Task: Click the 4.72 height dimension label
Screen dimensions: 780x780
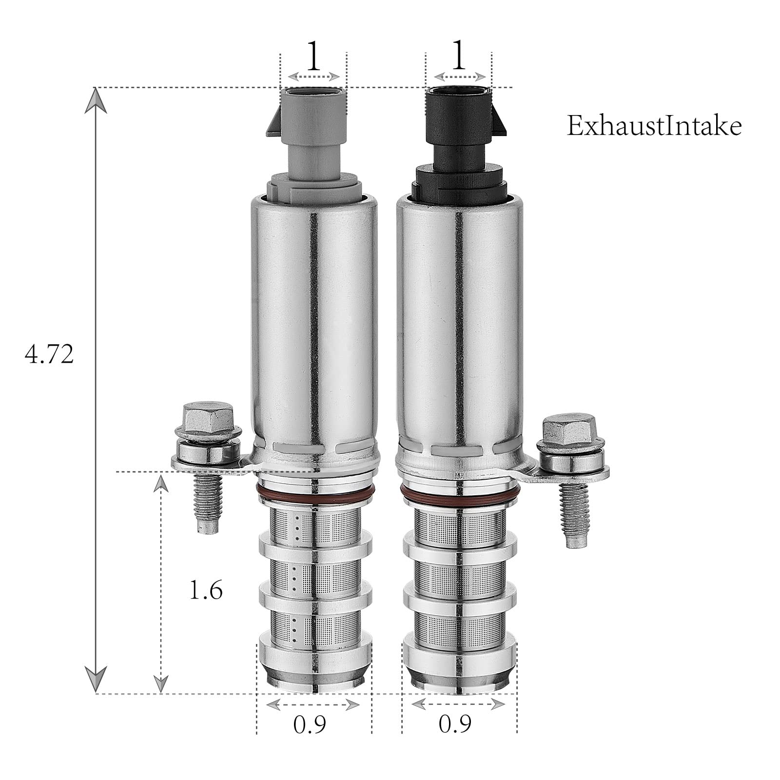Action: (x=49, y=354)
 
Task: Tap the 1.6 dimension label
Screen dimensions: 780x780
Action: (x=206, y=591)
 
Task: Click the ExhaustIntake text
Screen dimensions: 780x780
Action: (x=654, y=126)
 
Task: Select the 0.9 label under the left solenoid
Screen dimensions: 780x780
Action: (x=310, y=725)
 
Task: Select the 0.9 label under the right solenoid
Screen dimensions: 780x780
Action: (x=455, y=725)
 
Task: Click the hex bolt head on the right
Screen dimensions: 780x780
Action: (x=568, y=428)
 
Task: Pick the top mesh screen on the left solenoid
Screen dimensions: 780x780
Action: (x=314, y=522)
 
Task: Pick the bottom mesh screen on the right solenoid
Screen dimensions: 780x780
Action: (x=458, y=626)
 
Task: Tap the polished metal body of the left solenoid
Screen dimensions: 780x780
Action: (x=314, y=317)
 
